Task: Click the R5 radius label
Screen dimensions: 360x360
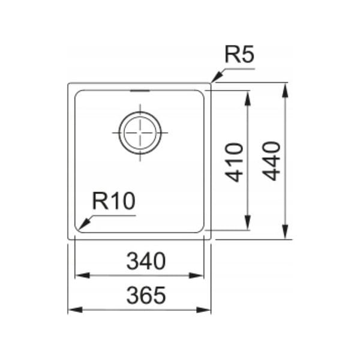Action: coord(239,55)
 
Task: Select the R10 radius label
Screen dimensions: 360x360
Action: coord(113,201)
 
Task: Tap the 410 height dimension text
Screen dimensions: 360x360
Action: coord(234,162)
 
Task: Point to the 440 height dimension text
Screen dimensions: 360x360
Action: coord(271,161)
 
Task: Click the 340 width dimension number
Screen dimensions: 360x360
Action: coord(146,261)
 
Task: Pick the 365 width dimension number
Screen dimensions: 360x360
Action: coord(146,295)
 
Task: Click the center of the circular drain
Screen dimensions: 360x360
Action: coord(140,133)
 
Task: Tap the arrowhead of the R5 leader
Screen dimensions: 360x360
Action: coord(217,77)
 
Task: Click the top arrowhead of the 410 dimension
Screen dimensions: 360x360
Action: coord(247,98)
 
